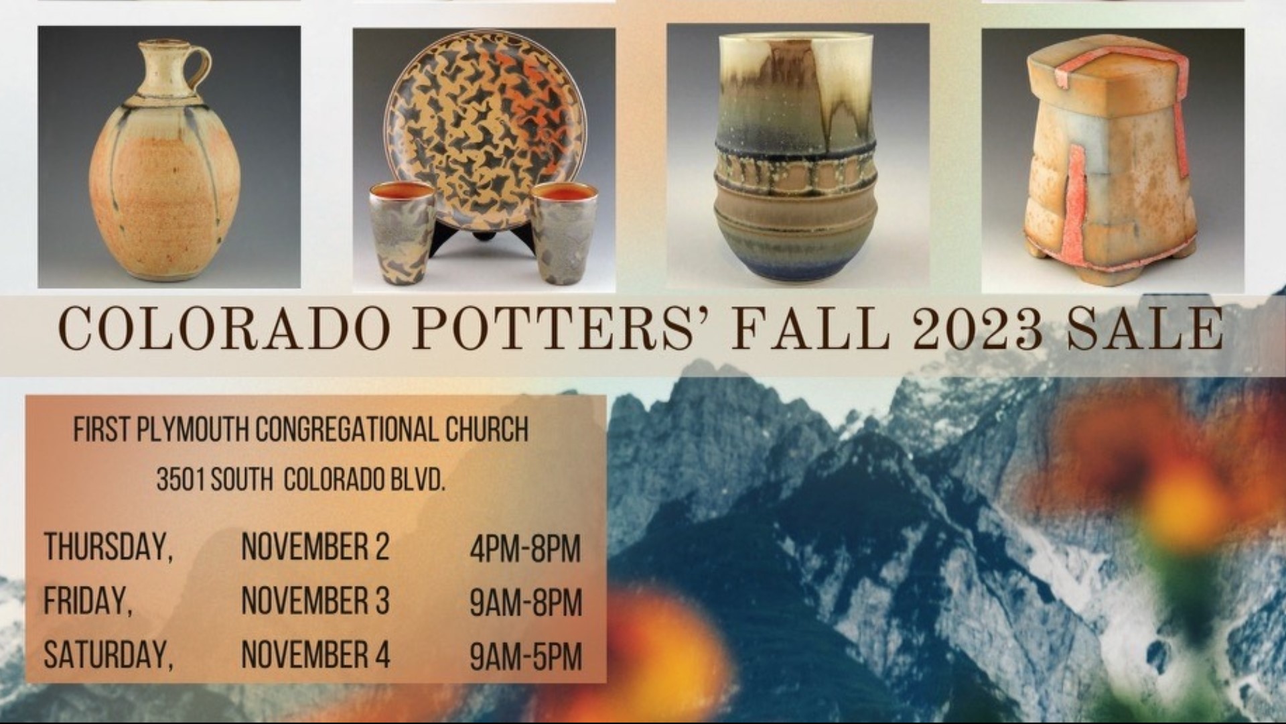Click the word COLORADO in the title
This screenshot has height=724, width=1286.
point(224,330)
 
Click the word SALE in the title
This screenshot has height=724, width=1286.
point(1145,330)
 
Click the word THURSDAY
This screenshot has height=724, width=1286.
point(107,548)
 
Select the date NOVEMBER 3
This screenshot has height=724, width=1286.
point(315,601)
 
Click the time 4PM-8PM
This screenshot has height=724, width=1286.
point(525,549)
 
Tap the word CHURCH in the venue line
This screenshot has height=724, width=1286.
point(487,430)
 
